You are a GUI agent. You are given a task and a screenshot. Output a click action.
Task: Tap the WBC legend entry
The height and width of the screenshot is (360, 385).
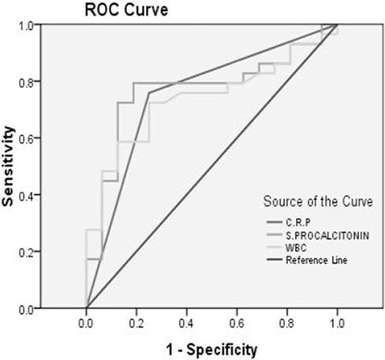pyautogui.click(x=294, y=247)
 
